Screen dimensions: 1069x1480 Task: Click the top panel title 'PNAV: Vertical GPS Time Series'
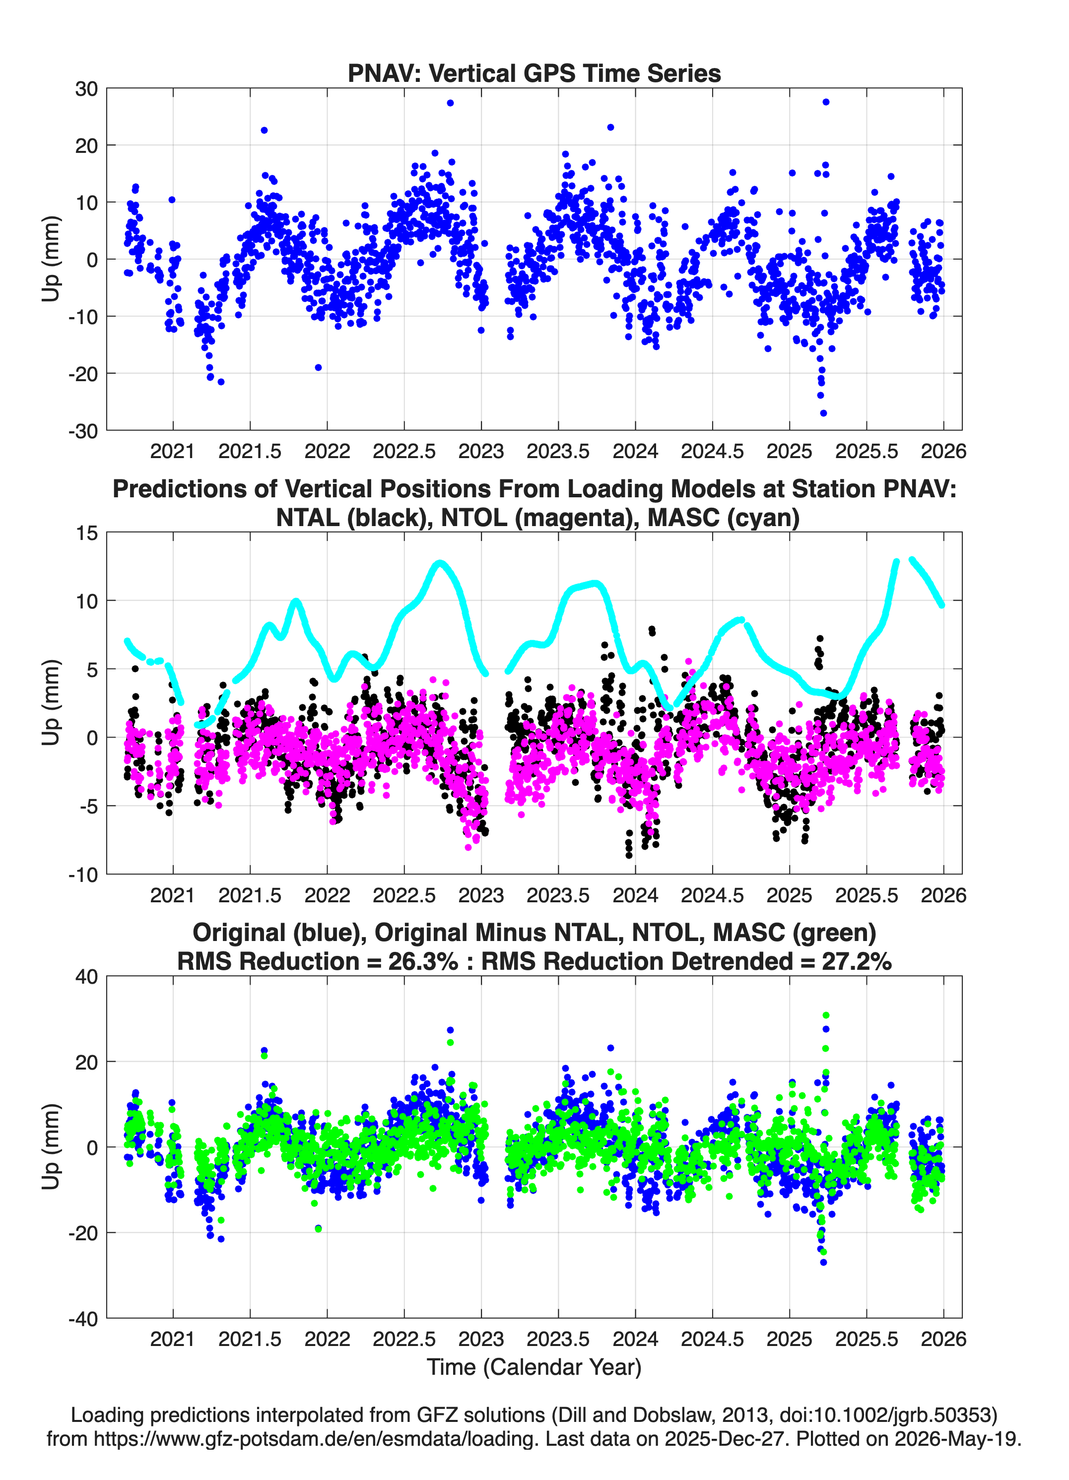coord(534,73)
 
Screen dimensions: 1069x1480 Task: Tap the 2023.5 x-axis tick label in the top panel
coord(558,451)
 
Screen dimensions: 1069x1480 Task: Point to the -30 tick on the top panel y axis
coord(83,431)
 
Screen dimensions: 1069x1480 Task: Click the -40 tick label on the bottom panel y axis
coord(83,1319)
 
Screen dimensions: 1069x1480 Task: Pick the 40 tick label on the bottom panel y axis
coord(87,977)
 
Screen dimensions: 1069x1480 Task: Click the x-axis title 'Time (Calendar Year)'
coord(534,1366)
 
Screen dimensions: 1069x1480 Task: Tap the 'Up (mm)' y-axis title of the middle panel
coord(51,703)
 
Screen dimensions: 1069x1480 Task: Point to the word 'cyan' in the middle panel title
coord(762,518)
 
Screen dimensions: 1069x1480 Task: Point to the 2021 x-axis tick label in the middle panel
coord(172,895)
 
